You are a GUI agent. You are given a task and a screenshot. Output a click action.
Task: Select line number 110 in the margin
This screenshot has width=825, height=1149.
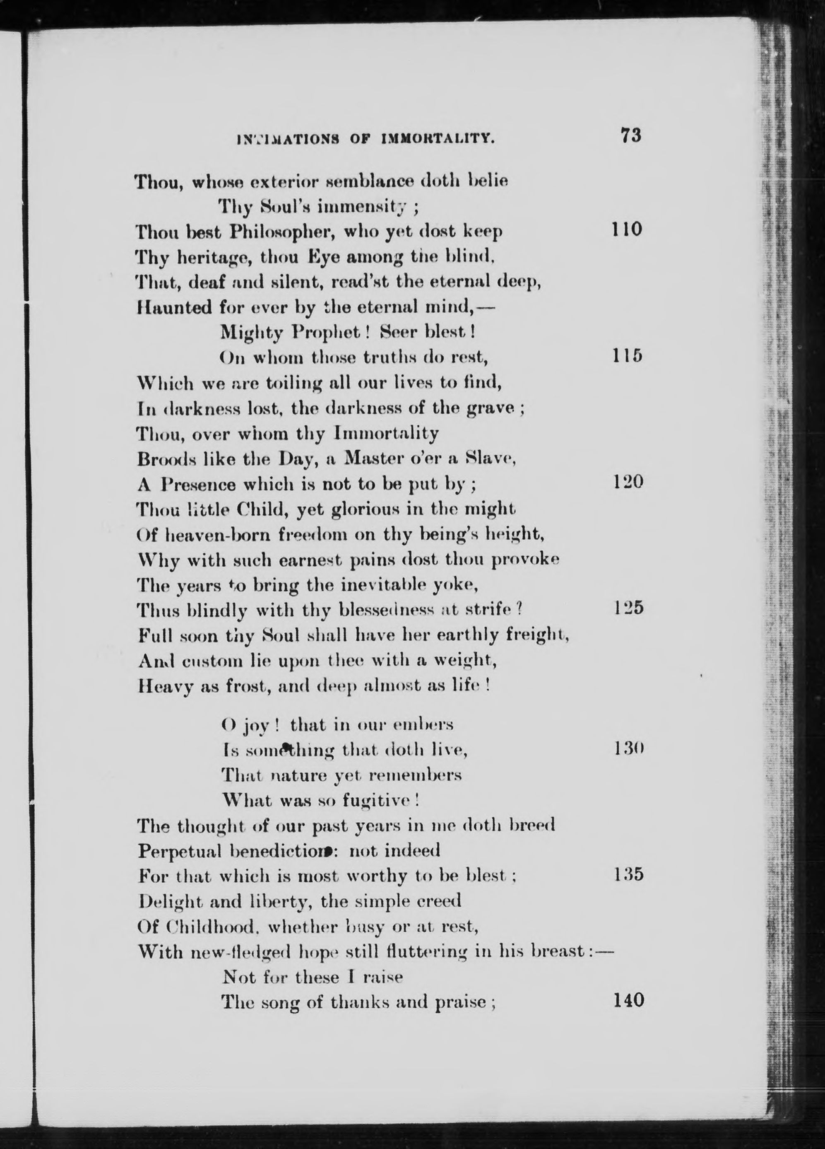pos(626,229)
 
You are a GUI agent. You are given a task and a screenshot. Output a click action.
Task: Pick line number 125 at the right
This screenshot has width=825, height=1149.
pos(628,608)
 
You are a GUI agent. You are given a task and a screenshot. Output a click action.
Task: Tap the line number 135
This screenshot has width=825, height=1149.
pos(628,874)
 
